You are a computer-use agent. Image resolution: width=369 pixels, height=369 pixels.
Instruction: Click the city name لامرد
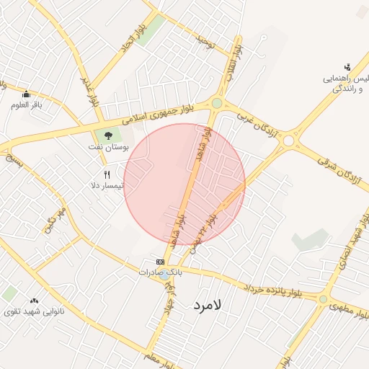pyautogui.click(x=210, y=306)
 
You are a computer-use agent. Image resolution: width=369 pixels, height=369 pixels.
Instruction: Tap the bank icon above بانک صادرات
pyautogui.click(x=160, y=262)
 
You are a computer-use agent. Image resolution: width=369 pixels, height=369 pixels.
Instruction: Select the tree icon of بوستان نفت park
pyautogui.click(x=108, y=134)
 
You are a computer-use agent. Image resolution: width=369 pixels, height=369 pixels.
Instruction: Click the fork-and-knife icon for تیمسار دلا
pyautogui.click(x=107, y=174)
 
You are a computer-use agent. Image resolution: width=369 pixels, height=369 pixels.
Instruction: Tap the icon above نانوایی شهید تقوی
pyautogui.click(x=34, y=301)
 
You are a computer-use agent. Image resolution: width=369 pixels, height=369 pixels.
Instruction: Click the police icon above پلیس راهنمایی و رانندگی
pyautogui.click(x=347, y=66)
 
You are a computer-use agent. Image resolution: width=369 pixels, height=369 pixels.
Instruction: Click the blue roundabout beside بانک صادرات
pyautogui.click(x=165, y=274)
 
